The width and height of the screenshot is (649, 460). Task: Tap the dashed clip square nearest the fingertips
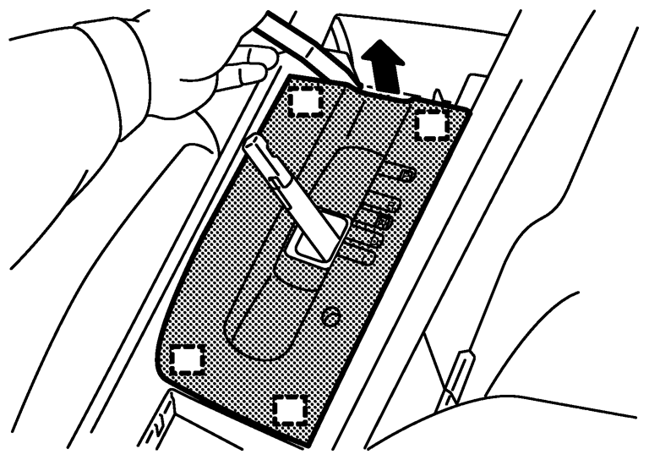pyautogui.click(x=305, y=102)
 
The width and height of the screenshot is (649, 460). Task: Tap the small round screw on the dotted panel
pyautogui.click(x=330, y=315)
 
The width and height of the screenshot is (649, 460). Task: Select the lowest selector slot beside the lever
pyautogui.click(x=362, y=254)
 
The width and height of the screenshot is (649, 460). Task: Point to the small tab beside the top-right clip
pyautogui.click(x=439, y=100)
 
